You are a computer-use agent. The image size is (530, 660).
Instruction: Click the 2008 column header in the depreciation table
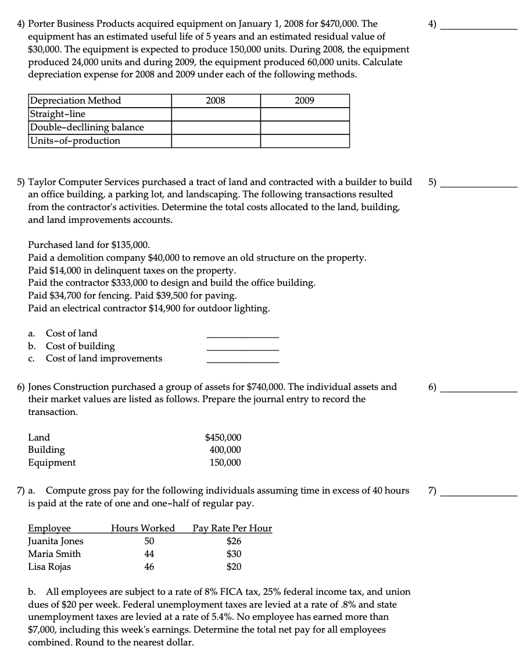click(x=216, y=101)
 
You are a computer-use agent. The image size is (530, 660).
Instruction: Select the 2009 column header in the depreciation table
click(x=305, y=101)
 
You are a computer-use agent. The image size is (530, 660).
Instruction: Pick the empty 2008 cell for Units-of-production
click(x=216, y=141)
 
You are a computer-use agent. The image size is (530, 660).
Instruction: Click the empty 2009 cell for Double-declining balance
click(x=305, y=127)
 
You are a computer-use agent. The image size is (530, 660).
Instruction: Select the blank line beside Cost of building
click(x=242, y=347)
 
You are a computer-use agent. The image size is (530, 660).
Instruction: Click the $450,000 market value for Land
click(x=224, y=438)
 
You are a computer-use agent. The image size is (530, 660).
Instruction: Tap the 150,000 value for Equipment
click(x=225, y=463)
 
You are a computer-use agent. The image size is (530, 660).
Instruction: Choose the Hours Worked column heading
click(x=143, y=528)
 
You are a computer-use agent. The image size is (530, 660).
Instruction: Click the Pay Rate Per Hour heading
click(x=232, y=528)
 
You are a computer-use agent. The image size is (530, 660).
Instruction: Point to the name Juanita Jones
click(x=56, y=541)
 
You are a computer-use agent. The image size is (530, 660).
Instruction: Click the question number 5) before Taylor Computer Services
click(x=20, y=182)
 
